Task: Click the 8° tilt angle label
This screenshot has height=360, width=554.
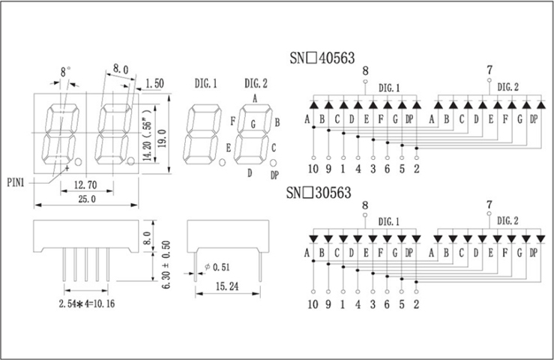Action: click(x=65, y=72)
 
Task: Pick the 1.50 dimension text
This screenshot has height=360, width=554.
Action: click(x=157, y=82)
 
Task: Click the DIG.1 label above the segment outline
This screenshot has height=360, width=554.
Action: click(x=205, y=83)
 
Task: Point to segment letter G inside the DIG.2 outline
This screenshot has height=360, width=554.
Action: click(x=253, y=123)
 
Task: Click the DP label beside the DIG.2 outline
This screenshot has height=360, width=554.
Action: click(x=274, y=174)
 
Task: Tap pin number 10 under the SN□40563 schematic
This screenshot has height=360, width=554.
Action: click(x=313, y=168)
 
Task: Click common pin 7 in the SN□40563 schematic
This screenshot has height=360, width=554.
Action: click(x=490, y=70)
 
